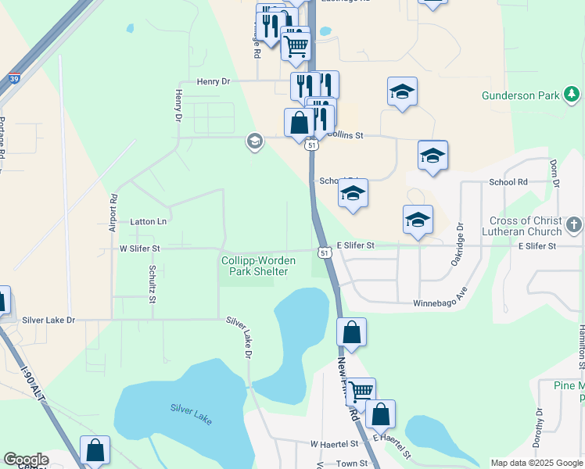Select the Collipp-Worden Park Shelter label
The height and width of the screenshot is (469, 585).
pos(254,266)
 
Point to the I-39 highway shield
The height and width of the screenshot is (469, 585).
pos(14,78)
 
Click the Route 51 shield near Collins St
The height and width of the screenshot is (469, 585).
pos(313,145)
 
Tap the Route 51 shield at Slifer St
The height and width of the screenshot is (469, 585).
pos(324,252)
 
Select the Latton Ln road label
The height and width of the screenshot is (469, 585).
pos(149,222)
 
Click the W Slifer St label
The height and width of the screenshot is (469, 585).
pos(139,248)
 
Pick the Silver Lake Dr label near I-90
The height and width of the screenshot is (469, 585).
pos(48,320)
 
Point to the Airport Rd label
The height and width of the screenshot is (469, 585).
pos(114,213)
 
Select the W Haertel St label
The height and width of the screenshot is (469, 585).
pos(335,443)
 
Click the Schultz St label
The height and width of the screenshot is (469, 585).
pos(153,283)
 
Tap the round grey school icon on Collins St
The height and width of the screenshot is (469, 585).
pos(253,141)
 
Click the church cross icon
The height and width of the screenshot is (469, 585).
pos(574,226)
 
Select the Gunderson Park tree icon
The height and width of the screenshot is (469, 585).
pos(572,95)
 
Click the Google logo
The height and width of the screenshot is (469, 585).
pos(27,460)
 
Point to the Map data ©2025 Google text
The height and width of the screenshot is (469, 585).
pos(536,463)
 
